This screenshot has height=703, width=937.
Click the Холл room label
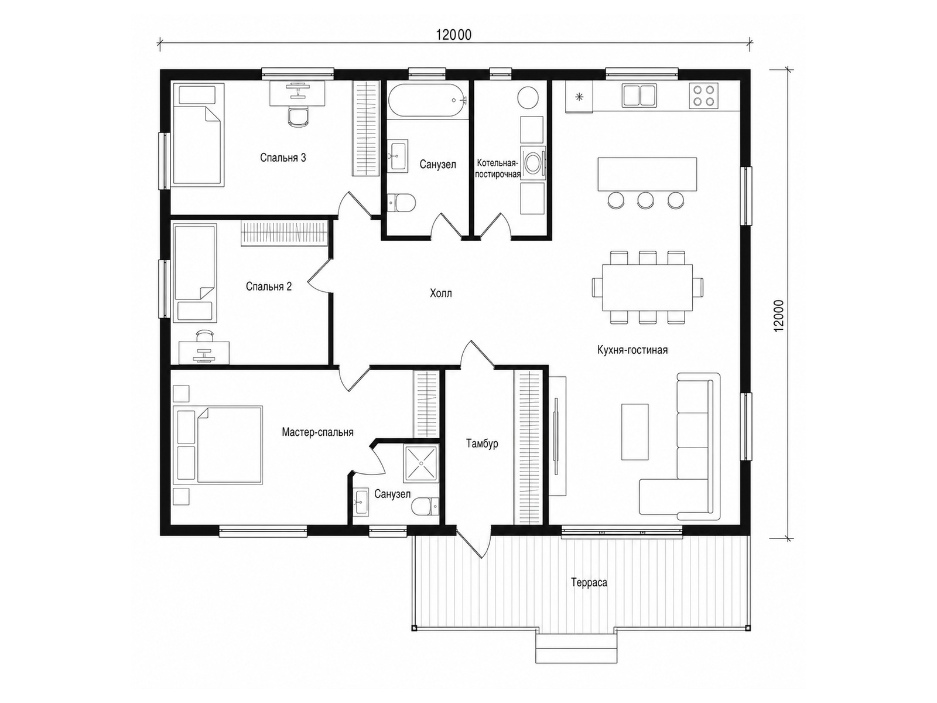click(440, 294)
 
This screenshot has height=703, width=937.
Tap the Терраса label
click(589, 582)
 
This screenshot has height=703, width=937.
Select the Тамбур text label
click(482, 443)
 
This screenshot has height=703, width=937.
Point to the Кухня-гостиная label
click(632, 350)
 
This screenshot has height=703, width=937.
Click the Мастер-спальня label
click(317, 432)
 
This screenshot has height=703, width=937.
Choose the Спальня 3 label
click(283, 158)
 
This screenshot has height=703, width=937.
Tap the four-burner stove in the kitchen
click(703, 95)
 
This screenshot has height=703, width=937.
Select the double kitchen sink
click(639, 95)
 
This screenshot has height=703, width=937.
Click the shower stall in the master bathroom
click(421, 463)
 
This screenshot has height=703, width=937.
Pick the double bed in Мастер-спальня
click(218, 445)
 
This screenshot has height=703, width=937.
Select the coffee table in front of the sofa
click(635, 432)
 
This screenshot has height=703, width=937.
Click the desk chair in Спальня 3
click(297, 116)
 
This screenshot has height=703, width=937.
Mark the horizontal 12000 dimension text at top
click(454, 35)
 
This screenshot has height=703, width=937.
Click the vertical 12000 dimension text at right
click(779, 315)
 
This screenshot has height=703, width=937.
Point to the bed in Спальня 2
click(196, 273)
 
